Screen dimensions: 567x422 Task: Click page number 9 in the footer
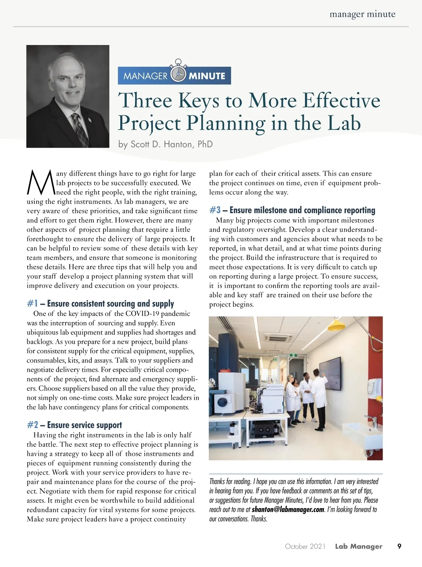coord(399,546)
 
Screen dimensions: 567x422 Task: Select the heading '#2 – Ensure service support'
coord(74,425)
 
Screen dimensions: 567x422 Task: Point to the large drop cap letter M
coord(40,182)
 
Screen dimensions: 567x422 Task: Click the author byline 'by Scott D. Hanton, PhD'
coord(165,144)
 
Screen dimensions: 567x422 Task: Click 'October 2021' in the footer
coord(305,546)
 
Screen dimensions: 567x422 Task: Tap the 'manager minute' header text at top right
coord(362,14)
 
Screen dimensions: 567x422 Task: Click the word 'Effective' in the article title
coord(341,100)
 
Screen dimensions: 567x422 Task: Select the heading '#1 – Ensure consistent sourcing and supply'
coord(100,303)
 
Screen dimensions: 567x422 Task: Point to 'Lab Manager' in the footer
coord(358,546)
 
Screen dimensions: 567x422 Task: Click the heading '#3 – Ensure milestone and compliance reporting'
coord(292,210)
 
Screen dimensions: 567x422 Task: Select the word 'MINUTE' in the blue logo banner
coord(207,76)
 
